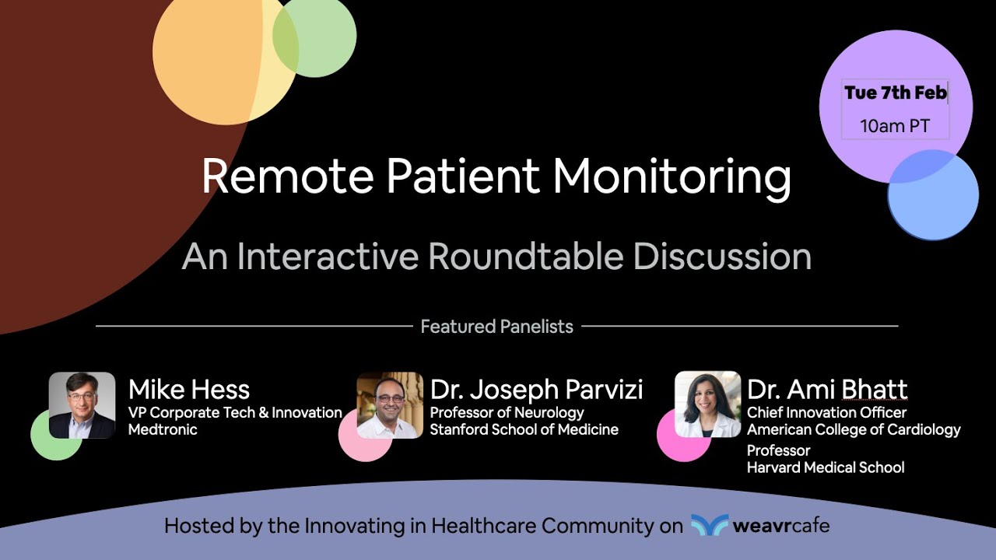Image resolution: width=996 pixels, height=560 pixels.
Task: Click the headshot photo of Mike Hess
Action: pyautogui.click(x=82, y=404)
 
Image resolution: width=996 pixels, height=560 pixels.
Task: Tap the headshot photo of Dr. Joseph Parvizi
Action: pyautogui.click(x=390, y=404)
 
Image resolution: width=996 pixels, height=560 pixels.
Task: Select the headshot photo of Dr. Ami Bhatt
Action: pyautogui.click(x=707, y=404)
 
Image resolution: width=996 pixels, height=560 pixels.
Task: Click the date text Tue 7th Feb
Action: pyautogui.click(x=895, y=93)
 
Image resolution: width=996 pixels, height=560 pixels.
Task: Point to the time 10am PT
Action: pyautogui.click(x=895, y=126)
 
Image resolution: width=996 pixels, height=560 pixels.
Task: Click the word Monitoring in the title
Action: pyautogui.click(x=672, y=177)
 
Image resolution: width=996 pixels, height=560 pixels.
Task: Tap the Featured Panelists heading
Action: pyautogui.click(x=496, y=327)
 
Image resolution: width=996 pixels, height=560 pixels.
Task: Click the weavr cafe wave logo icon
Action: pyautogui.click(x=709, y=526)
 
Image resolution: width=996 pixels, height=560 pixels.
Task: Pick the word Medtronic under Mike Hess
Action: pyautogui.click(x=163, y=429)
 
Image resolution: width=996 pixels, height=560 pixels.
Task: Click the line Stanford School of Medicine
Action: pyautogui.click(x=524, y=429)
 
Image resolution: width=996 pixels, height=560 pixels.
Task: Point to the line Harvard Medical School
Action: pyautogui.click(x=825, y=467)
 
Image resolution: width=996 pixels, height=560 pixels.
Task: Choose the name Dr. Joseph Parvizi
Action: pyautogui.click(x=536, y=390)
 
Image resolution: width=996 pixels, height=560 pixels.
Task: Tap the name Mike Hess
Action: pyautogui.click(x=189, y=390)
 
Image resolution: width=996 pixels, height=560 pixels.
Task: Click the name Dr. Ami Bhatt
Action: pyautogui.click(x=826, y=390)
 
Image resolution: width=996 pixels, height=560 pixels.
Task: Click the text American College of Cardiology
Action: pyautogui.click(x=854, y=429)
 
